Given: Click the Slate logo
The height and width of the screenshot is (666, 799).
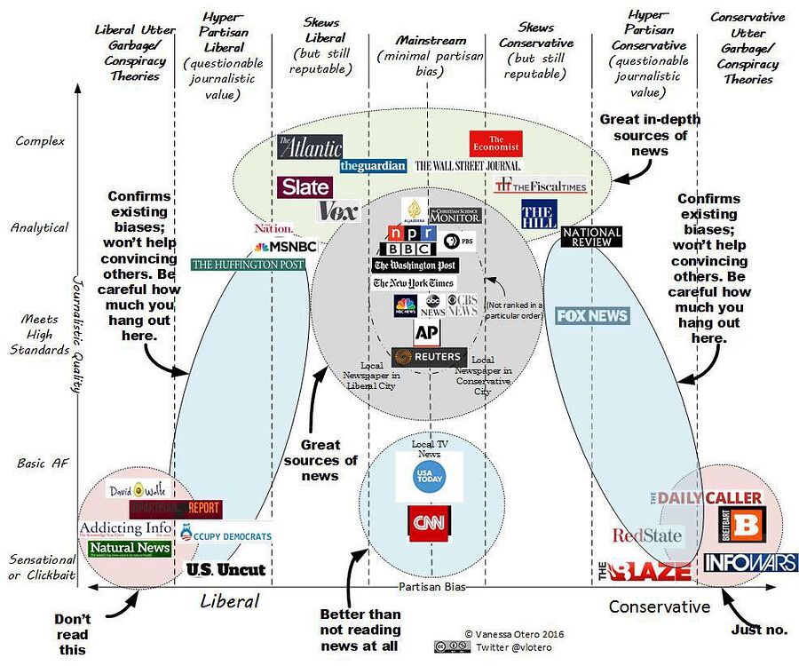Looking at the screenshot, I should coord(305,186).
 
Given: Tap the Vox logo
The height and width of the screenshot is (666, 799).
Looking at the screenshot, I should coord(337,211).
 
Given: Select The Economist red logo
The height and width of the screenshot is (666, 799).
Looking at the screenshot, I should coord(496,144).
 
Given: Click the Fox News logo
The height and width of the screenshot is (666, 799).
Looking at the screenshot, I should coord(592,315).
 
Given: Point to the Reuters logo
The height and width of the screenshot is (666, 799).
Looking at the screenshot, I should coord(429,357).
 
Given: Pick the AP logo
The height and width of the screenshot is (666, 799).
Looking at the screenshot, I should coord(427,332).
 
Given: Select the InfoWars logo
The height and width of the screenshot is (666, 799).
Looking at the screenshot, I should coord(751,562).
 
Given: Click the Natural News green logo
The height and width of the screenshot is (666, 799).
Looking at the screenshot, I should coord(130,548).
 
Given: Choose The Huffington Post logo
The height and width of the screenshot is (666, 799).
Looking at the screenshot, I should coord(248,264).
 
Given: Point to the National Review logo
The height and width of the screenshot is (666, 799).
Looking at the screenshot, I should coord(591,236).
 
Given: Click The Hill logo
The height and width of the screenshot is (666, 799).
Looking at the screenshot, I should coord(538,215).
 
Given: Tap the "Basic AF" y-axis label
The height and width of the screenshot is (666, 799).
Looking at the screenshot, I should coord(42,463).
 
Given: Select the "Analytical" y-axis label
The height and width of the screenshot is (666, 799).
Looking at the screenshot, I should coord(39,227).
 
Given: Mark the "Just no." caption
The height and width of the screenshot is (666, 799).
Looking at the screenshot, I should coord(759,630).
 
